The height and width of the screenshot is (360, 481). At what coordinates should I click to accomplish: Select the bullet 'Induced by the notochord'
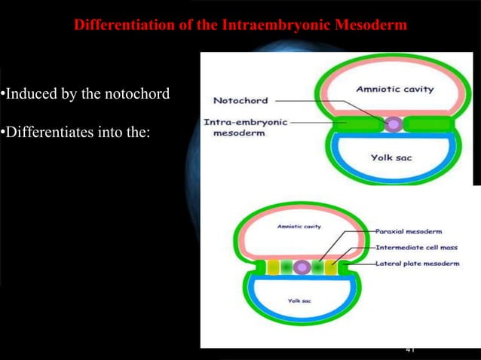(84, 94)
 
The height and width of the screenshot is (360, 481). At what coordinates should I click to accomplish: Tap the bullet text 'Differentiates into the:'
(75, 133)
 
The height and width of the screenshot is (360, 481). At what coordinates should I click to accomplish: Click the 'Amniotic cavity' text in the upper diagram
(394, 90)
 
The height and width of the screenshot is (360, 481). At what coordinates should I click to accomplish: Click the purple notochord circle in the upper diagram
(393, 123)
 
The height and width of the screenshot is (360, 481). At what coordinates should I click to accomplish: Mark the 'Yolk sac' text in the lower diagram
(299, 300)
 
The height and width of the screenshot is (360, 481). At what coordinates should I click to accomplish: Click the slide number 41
(410, 349)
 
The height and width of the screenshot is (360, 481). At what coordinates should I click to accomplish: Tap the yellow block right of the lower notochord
(331, 267)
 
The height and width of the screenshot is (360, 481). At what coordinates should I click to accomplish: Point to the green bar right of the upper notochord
(428, 123)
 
